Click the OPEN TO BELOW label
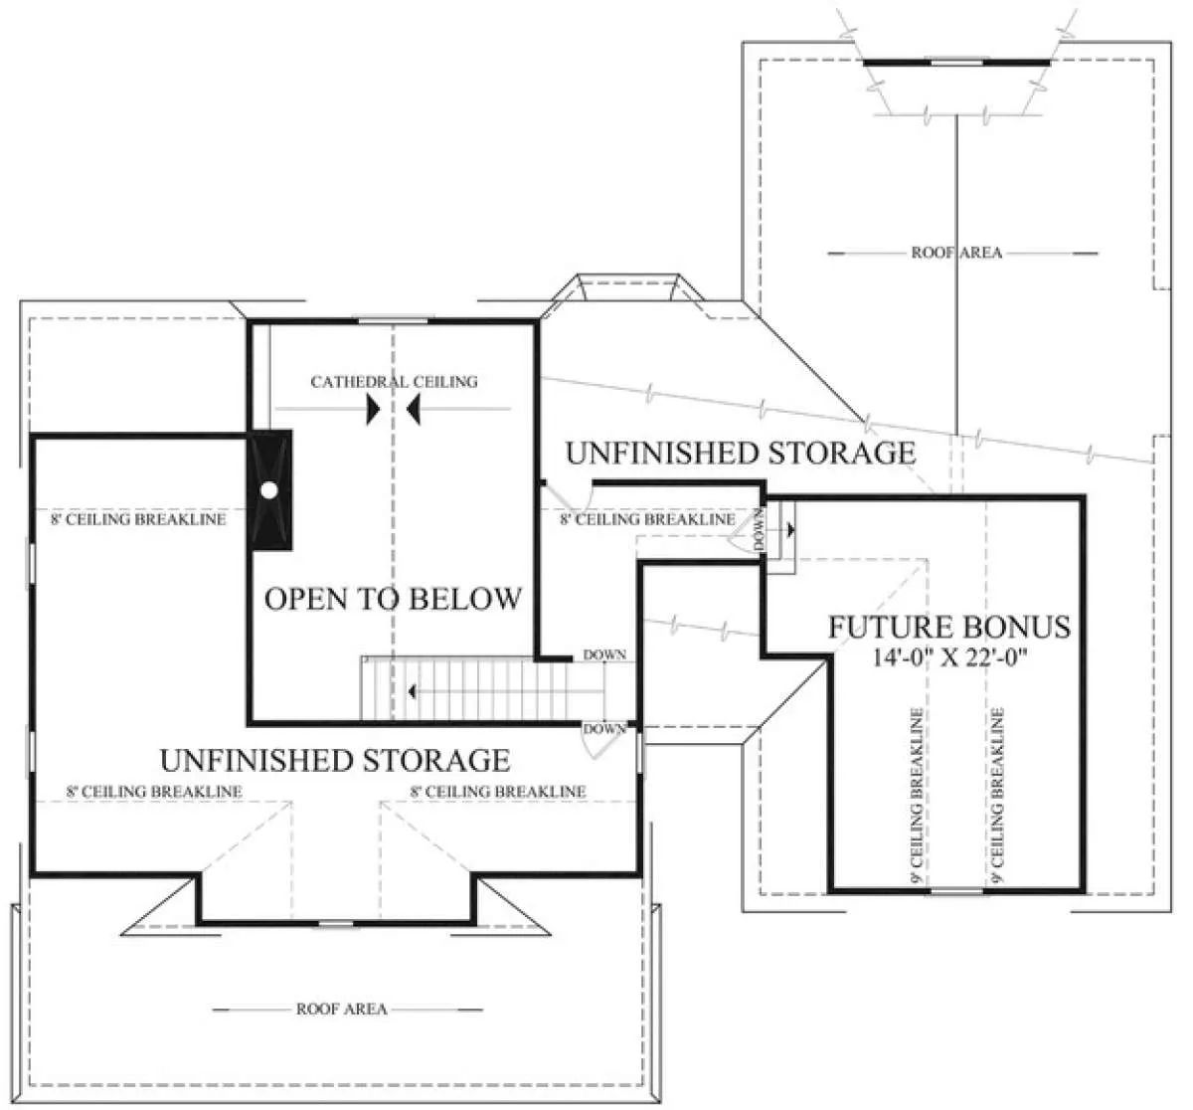click(x=394, y=599)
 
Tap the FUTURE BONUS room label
click(x=949, y=627)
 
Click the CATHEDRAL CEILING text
click(x=394, y=382)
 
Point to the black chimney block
click(x=269, y=489)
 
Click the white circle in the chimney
click(x=269, y=489)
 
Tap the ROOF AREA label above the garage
click(x=957, y=253)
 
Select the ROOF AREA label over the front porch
click(x=342, y=1009)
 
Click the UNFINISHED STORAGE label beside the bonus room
click(x=741, y=454)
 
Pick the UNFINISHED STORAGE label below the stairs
click(x=335, y=760)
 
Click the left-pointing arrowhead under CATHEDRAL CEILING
click(x=414, y=411)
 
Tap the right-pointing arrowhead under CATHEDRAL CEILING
click(x=374, y=411)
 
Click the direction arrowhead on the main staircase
click(x=412, y=691)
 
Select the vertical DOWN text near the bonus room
click(x=759, y=529)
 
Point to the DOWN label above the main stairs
click(x=604, y=654)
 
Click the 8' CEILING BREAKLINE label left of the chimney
click(x=138, y=519)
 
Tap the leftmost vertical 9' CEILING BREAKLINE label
click(x=916, y=797)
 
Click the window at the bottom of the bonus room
click(x=956, y=891)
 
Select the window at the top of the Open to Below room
click(x=393, y=320)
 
